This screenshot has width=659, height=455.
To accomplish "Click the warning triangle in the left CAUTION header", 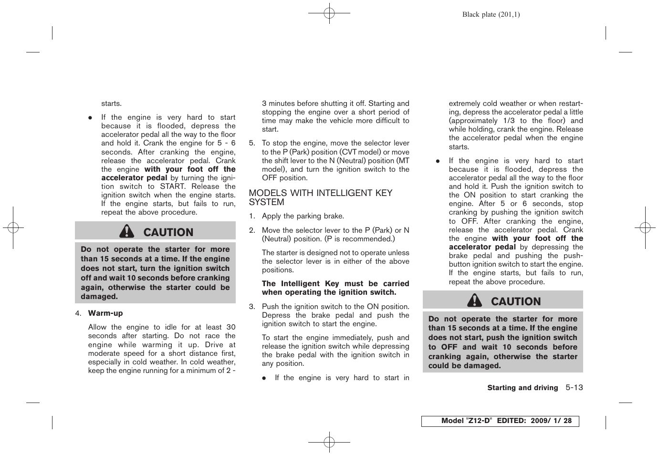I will [x=127, y=231].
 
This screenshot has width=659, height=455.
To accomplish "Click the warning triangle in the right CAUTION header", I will [x=474, y=300].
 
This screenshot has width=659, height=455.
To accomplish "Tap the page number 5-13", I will [x=574, y=388].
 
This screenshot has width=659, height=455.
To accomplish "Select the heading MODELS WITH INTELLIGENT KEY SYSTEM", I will [x=320, y=197].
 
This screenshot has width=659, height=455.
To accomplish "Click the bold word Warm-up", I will [x=105, y=313].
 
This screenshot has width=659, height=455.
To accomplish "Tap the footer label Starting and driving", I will [x=523, y=388].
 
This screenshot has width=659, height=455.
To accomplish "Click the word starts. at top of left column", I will [x=111, y=103].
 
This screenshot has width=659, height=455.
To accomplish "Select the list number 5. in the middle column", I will [x=252, y=143].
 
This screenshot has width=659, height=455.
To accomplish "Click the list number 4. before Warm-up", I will [x=78, y=313].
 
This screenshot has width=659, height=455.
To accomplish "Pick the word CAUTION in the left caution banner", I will [x=168, y=232].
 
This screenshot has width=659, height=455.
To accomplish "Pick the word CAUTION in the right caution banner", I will [x=516, y=301].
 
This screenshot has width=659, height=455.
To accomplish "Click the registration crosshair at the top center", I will [x=329, y=13].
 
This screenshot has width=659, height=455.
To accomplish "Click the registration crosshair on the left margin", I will [x=13, y=227].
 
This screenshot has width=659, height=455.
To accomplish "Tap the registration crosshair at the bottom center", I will [x=329, y=442].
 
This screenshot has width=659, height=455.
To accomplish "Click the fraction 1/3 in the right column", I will [x=509, y=121].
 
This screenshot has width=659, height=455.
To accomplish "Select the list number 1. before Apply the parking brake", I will [x=252, y=217].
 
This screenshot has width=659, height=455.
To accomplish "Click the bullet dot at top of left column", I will [x=90, y=118].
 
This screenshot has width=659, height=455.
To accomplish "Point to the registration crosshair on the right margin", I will [x=645, y=227].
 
